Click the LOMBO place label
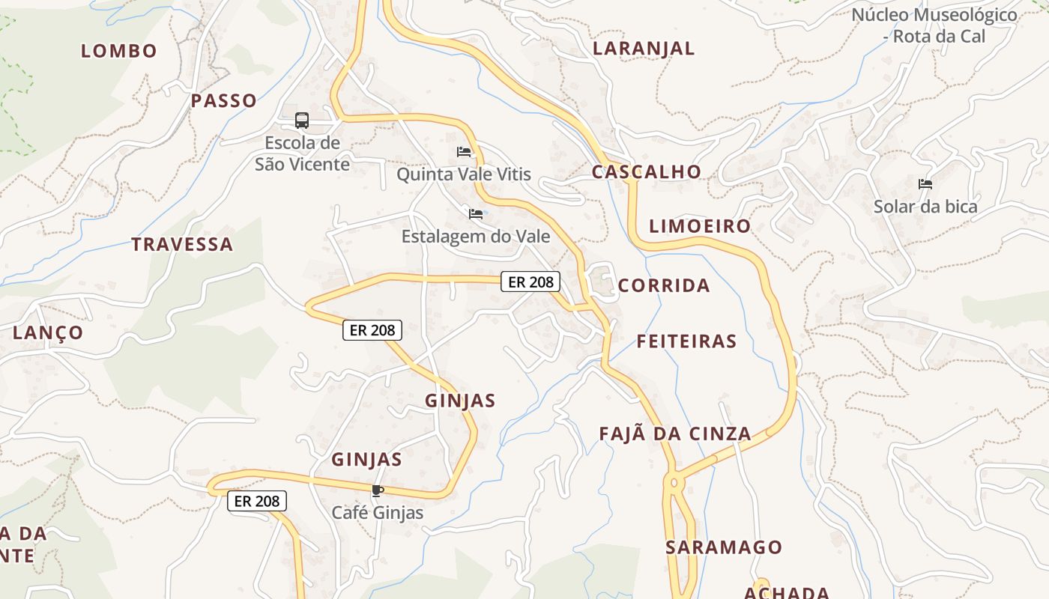point(119,51)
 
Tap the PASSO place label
point(223,100)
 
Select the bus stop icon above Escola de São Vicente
point(302,120)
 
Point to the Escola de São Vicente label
point(302,153)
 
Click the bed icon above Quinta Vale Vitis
point(465,152)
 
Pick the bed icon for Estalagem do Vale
point(476,214)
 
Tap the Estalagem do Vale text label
point(476,237)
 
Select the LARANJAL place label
point(644,49)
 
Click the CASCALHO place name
point(646,171)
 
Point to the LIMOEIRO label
point(699,226)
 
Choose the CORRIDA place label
point(664,285)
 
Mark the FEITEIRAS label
point(686,341)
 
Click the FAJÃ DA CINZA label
point(675,434)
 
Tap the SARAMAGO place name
point(724,547)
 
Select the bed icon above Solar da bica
point(925,184)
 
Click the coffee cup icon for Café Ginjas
point(377,491)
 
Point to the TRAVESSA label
point(182,244)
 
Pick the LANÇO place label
point(48,332)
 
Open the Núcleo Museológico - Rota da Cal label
point(934,25)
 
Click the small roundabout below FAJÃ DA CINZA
point(674,483)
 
